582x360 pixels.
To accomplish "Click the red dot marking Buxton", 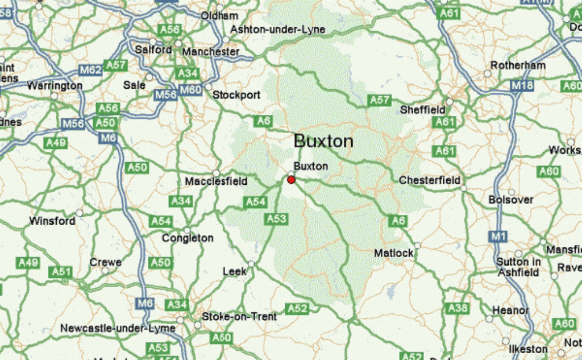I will [291, 180].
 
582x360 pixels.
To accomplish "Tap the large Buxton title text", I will [323, 141].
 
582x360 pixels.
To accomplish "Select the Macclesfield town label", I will [216, 181].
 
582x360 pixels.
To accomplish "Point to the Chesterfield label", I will [430, 180].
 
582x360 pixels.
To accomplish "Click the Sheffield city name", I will [423, 109].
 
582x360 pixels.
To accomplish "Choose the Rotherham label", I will [518, 65].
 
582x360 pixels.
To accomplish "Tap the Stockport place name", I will [236, 95].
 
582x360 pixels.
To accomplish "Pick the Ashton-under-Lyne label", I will [278, 30].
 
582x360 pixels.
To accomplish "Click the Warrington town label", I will [55, 85].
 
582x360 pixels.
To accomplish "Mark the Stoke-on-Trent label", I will [240, 316].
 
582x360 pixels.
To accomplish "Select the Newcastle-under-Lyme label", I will [118, 329].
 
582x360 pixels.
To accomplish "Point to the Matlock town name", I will [394, 253].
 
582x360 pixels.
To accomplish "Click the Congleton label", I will [188, 238].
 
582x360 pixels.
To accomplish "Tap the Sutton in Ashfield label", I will [518, 267].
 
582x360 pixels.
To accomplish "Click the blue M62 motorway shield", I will [91, 70].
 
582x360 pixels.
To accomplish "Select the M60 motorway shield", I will [190, 90].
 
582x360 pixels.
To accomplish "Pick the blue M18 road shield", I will [522, 85].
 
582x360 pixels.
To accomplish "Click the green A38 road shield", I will [458, 308].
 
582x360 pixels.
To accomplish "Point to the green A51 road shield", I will [61, 271].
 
